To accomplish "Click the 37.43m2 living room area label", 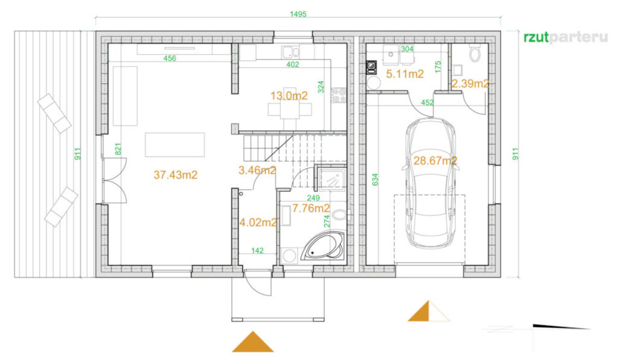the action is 175,175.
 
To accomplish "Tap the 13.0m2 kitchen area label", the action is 289,96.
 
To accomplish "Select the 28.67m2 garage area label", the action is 435,161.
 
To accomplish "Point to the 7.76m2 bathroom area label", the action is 311,208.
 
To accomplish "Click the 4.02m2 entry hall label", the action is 258,223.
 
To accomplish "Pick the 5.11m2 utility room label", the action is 405,74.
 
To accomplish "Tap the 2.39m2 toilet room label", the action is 470,84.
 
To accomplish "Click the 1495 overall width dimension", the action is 298,14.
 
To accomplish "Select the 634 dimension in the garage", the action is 374,180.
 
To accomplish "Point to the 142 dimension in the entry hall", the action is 257,251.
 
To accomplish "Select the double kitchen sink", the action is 291,52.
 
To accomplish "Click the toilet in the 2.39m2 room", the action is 475,52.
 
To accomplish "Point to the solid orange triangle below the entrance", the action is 253,342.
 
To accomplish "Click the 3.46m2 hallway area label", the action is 257,171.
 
